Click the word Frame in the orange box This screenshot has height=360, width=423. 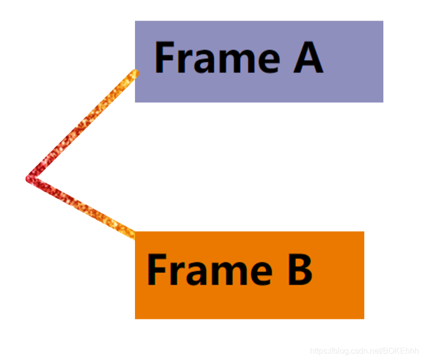coord(209,269)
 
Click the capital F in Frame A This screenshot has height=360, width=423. coord(165,58)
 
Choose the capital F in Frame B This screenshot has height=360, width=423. coord(157,269)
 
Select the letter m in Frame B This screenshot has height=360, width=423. coord(224,272)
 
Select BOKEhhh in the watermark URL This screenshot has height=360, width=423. coord(401,350)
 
